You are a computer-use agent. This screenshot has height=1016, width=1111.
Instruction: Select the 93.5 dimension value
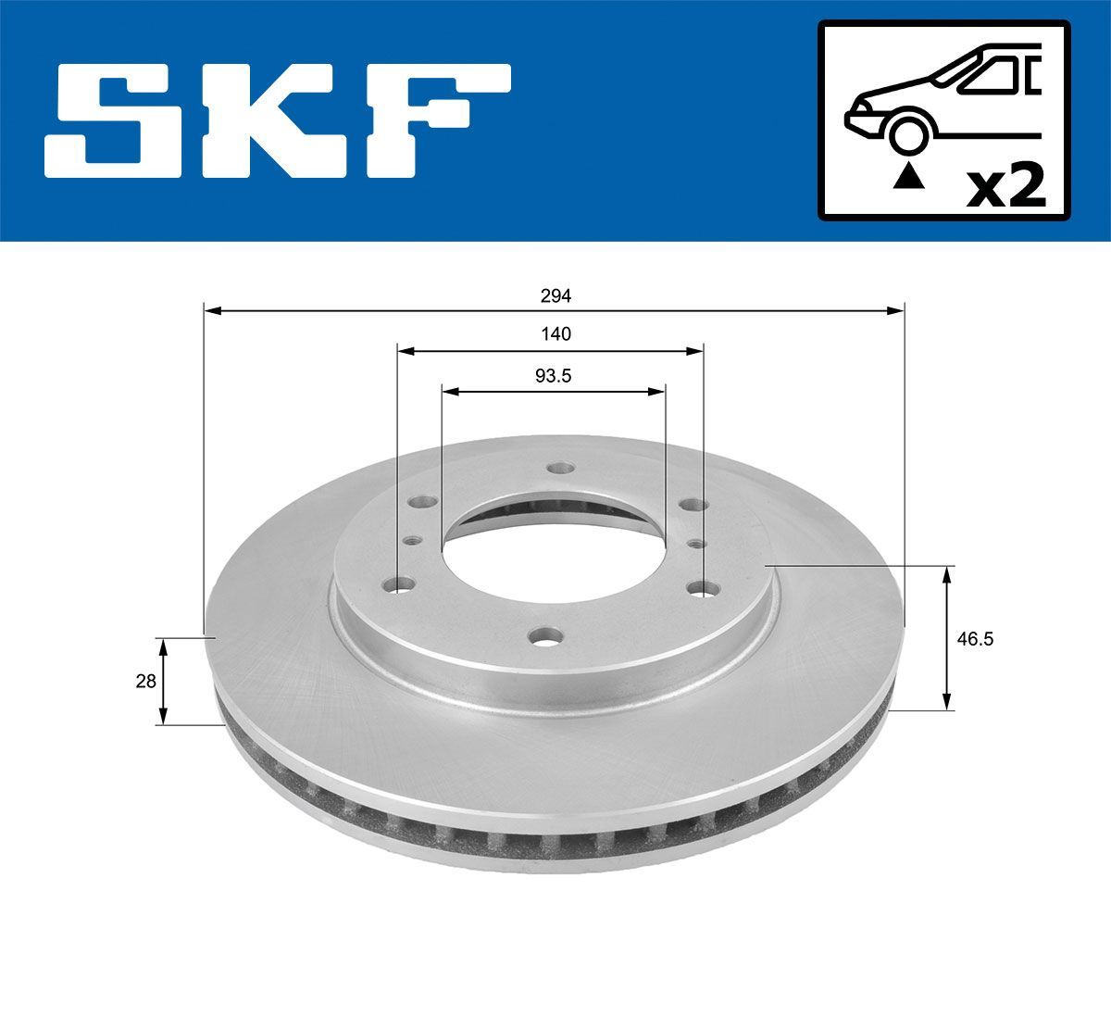553,375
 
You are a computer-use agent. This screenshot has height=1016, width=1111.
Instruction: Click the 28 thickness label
145,682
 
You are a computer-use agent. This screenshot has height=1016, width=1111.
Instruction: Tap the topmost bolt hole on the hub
557,468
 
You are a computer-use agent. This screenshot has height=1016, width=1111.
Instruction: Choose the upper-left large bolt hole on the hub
423,502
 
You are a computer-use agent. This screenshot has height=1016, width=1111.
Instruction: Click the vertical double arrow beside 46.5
946,639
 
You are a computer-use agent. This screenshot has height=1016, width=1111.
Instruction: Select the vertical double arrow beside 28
163,682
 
